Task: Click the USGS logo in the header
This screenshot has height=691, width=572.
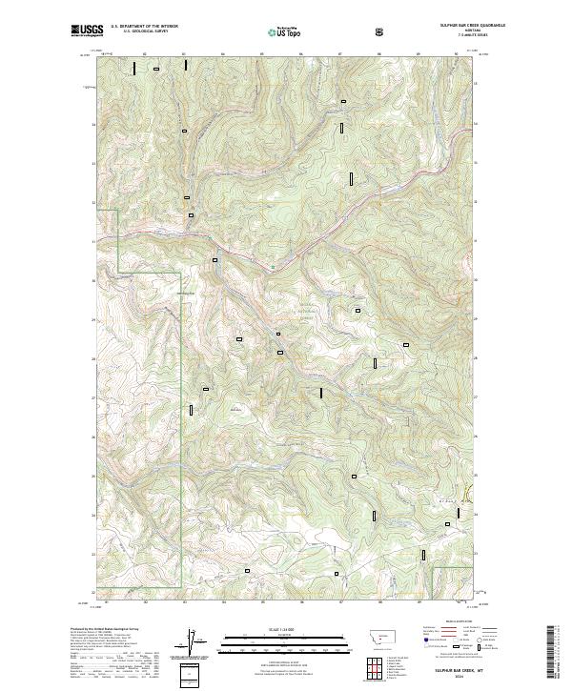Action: point(84,31)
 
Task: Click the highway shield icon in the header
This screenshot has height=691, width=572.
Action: point(380,31)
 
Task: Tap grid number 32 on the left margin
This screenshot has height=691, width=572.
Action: point(93,203)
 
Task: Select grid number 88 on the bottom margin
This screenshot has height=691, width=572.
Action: point(379,602)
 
